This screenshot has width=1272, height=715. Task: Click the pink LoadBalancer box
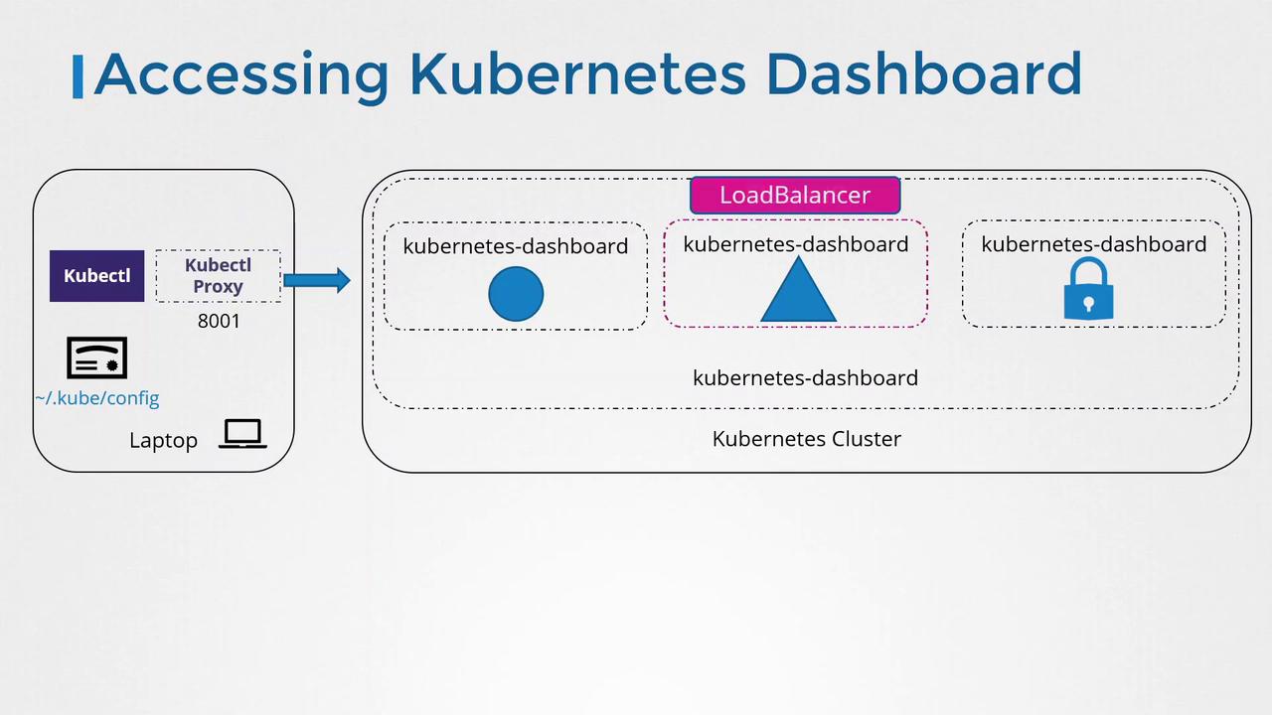pos(795,196)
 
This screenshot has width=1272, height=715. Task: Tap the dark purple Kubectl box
pos(96,276)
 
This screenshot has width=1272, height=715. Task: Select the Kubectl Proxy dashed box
pos(218,276)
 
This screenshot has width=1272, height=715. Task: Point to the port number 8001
pos(219,321)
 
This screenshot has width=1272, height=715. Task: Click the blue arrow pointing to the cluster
pos(317,280)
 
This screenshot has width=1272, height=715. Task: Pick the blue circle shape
pos(516,294)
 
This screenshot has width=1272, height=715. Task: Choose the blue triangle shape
pos(797,292)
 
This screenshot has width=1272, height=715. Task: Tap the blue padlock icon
pos(1088,290)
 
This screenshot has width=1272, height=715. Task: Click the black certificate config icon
pos(96,357)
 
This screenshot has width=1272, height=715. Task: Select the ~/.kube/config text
pos(96,398)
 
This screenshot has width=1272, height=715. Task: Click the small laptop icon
pos(242,434)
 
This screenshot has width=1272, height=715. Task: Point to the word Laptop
pos(163,440)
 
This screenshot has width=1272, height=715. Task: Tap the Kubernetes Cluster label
pos(806,439)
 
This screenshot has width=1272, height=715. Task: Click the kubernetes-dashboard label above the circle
pos(515,246)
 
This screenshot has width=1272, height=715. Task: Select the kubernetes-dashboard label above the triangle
pos(795,244)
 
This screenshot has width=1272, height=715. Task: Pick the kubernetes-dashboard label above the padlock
pos(1093,244)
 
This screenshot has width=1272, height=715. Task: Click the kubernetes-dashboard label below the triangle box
pos(805,378)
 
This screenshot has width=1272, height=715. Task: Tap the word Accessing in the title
pos(240,74)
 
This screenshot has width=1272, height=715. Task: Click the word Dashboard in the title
pos(923,74)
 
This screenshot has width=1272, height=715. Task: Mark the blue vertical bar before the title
pos(79,76)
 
